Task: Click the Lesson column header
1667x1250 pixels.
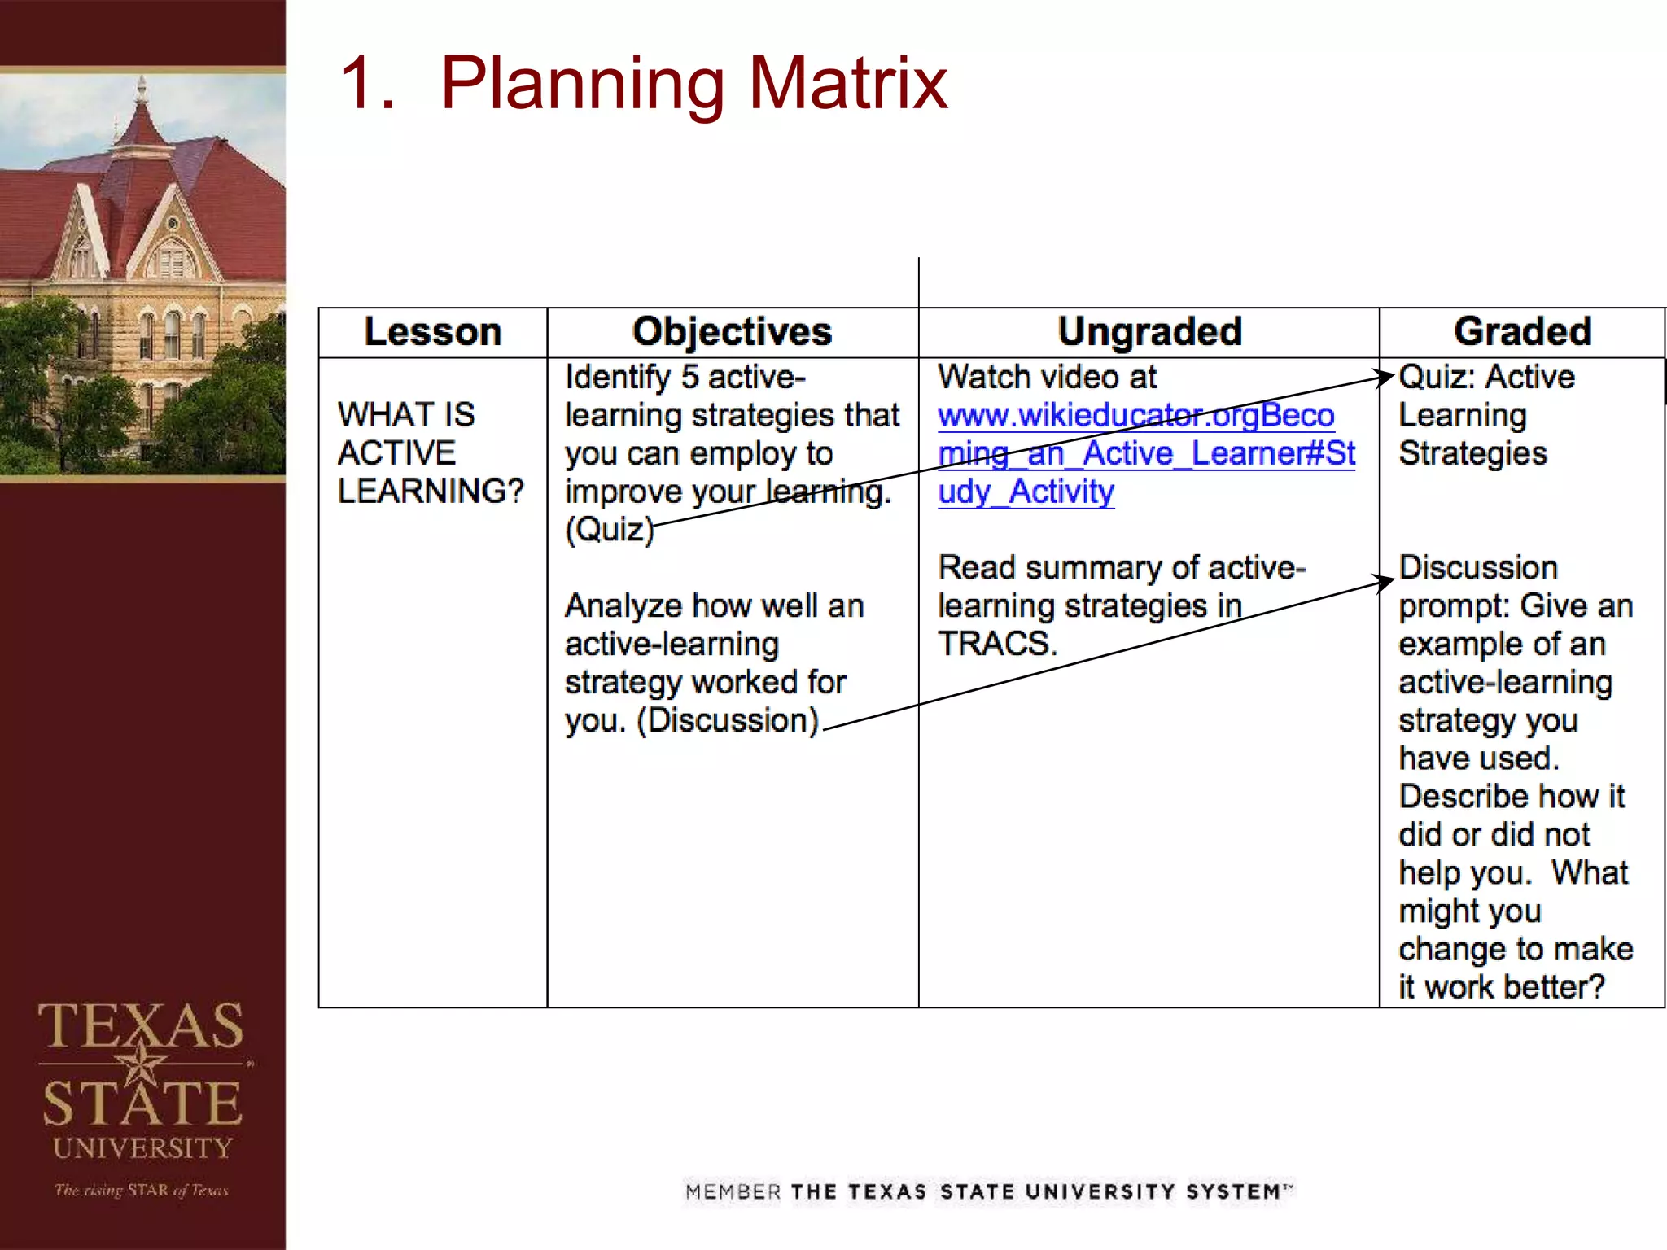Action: (x=432, y=332)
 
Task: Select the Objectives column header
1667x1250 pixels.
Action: (x=732, y=332)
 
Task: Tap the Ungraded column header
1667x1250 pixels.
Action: (x=1149, y=332)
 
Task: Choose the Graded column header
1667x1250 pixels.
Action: (x=1522, y=332)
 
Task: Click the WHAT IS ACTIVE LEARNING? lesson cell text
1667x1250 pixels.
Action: (x=430, y=452)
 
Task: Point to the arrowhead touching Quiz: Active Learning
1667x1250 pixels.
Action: (x=1386, y=377)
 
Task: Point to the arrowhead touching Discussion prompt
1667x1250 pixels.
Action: (x=1385, y=581)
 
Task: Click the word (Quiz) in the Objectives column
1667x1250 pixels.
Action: (x=610, y=530)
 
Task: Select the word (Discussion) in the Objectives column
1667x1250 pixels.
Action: (x=728, y=721)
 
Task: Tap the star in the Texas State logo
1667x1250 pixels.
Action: (x=142, y=1063)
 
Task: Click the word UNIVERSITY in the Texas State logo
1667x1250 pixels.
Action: (x=143, y=1148)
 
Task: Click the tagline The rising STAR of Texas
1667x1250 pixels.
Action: (x=142, y=1190)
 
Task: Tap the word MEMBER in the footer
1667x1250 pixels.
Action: (x=733, y=1192)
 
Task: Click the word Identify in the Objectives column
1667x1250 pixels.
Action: (x=617, y=378)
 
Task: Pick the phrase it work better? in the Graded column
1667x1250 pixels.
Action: (x=1501, y=987)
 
